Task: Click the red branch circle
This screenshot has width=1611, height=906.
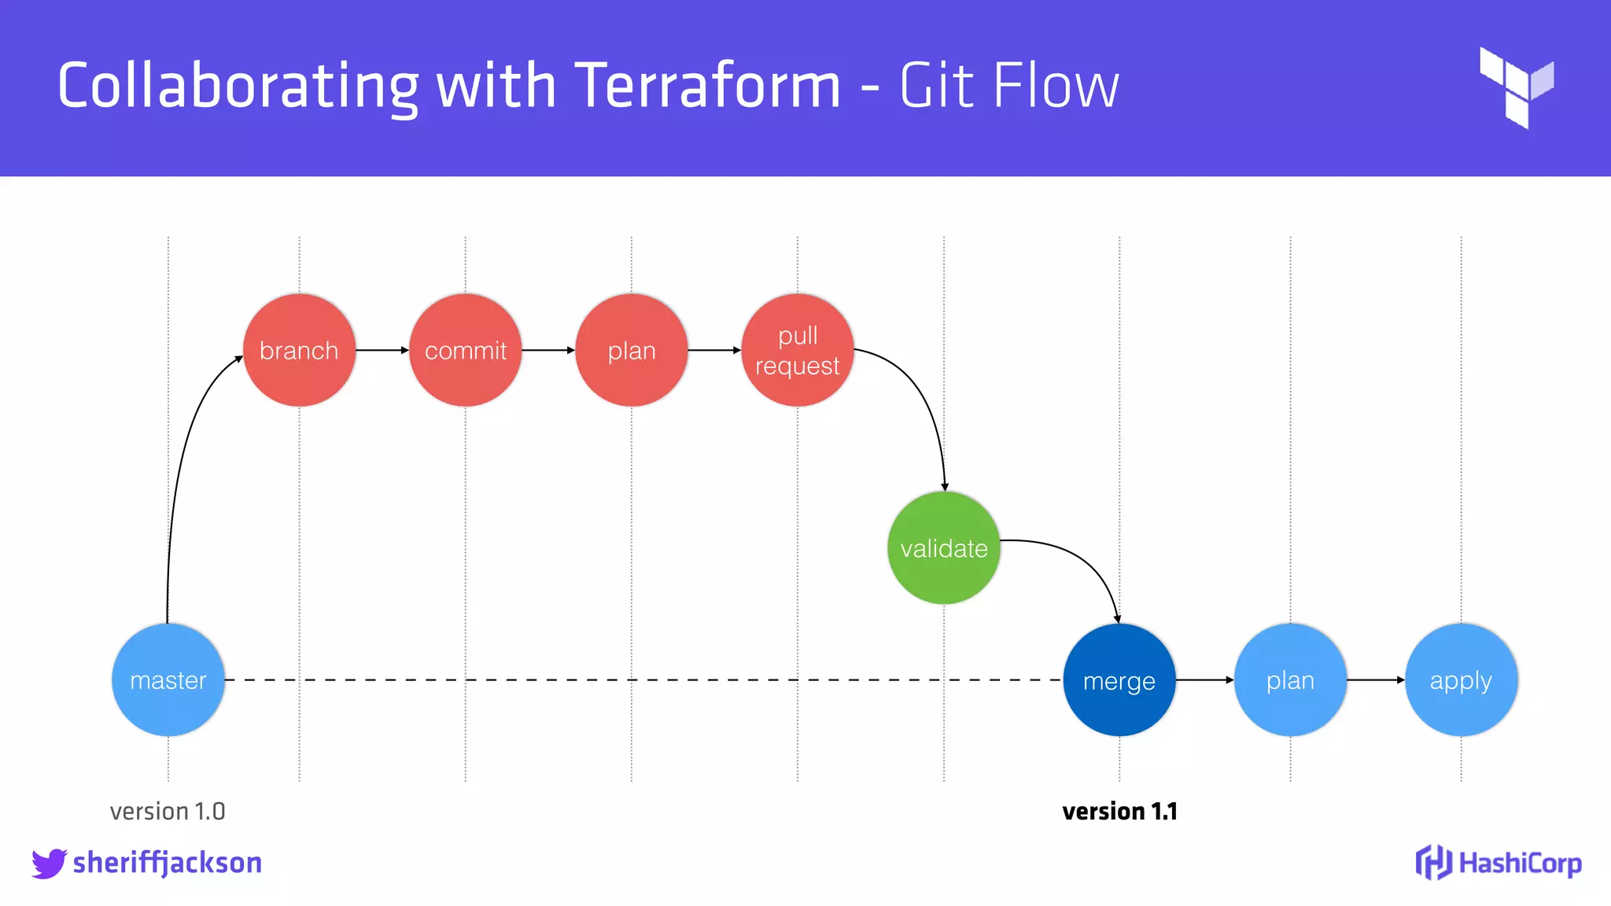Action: click(x=299, y=350)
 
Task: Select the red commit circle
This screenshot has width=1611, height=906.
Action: click(x=466, y=350)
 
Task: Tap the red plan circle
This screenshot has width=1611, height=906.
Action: click(x=632, y=350)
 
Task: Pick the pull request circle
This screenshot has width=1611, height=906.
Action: click(x=798, y=350)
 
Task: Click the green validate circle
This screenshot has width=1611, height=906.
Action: click(x=944, y=548)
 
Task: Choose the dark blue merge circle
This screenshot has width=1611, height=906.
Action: click(x=1119, y=680)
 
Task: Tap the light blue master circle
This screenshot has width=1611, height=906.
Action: click(x=168, y=680)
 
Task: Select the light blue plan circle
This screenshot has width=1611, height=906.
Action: click(x=1290, y=680)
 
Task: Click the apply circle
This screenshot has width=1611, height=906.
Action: click(x=1461, y=680)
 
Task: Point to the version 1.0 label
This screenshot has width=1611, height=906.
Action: click(x=168, y=811)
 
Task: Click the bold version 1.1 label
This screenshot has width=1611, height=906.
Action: click(x=1119, y=811)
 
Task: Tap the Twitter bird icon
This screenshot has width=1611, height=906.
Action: click(x=49, y=864)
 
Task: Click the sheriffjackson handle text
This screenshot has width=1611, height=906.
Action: click(x=168, y=864)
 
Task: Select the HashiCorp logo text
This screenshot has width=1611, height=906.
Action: click(x=1520, y=864)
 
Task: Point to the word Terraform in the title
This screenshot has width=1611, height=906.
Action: click(x=708, y=85)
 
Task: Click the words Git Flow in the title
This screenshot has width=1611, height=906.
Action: click(x=1009, y=85)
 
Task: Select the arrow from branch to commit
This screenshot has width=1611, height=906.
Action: click(x=382, y=350)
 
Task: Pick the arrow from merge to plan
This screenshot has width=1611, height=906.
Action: click(x=1204, y=679)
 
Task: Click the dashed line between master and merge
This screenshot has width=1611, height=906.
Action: click(x=629, y=679)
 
